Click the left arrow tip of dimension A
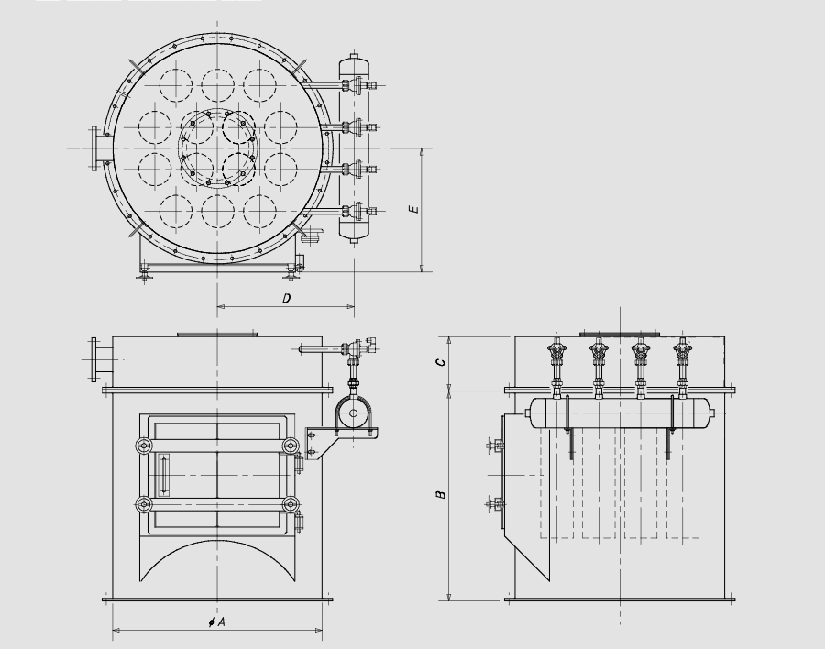113,630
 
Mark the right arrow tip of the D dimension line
354,306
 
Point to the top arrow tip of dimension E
422,149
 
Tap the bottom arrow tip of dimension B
448,600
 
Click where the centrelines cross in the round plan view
218,148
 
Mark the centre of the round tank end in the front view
353,413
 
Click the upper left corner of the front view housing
113,336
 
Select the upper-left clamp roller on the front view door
144,445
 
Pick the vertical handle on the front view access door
163,476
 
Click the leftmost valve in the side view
556,366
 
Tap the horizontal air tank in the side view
620,412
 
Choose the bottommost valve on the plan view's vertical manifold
358,212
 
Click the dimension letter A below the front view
221,622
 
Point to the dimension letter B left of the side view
441,494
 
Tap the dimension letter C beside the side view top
442,363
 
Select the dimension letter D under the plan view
286,299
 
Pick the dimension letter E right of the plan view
414,209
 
